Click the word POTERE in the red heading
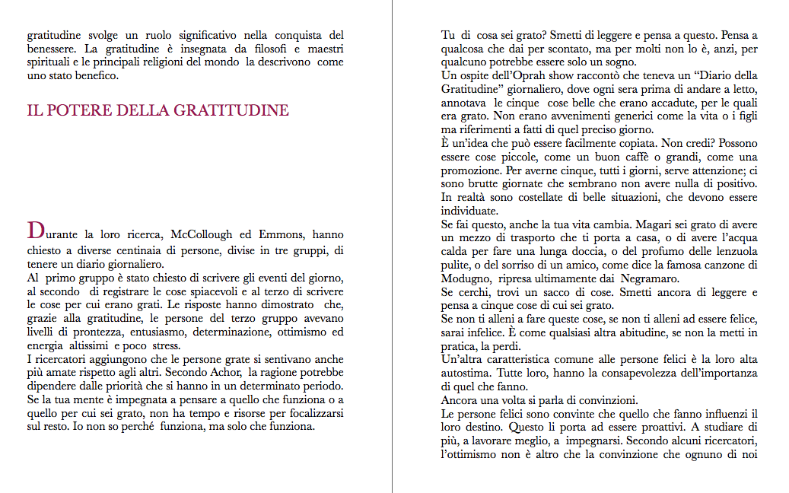click(72, 110)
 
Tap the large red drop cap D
click(34, 229)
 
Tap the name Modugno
click(465, 278)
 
